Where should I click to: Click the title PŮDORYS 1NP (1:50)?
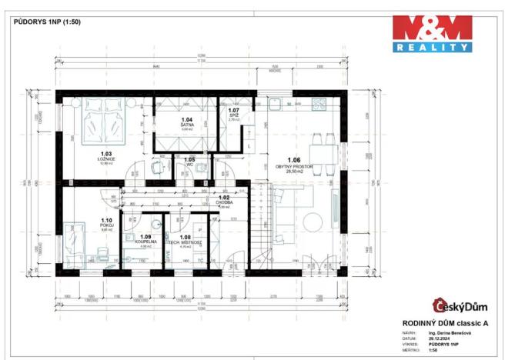point(47,22)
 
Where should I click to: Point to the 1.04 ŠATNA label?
point(187,124)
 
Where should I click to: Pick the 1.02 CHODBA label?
point(224,200)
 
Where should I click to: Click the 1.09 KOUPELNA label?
point(145,240)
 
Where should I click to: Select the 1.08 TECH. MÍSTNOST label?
point(185,240)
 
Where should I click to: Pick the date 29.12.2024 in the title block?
point(438,338)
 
